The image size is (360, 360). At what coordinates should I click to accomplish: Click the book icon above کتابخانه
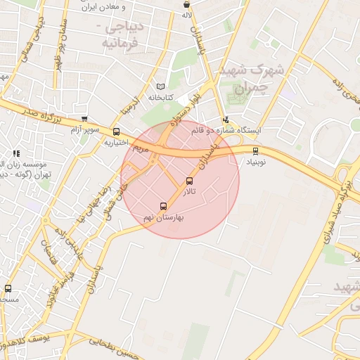click(x=162, y=86)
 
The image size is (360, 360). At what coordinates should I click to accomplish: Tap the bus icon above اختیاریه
click(x=116, y=131)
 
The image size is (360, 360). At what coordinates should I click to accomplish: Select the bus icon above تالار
click(x=188, y=181)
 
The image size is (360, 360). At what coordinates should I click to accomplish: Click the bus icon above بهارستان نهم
click(x=164, y=207)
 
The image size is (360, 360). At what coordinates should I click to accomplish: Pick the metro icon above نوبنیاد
click(x=255, y=150)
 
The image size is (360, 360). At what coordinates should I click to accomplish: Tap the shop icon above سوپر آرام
click(x=84, y=120)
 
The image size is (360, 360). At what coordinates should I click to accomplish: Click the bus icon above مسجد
click(x=8, y=288)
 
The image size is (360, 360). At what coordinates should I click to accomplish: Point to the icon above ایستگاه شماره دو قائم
click(x=226, y=120)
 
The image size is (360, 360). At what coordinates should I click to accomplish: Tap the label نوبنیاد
click(x=256, y=161)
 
